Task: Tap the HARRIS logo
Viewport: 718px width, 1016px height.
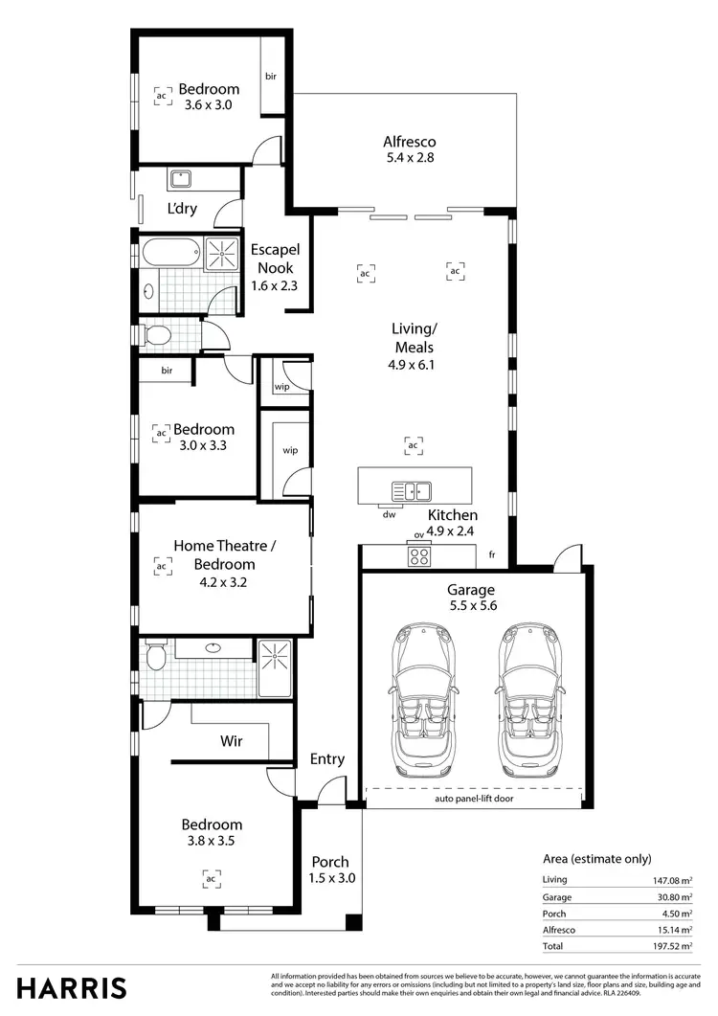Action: point(71,988)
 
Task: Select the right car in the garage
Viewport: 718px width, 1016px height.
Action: point(524,700)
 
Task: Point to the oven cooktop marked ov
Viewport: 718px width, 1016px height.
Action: point(419,554)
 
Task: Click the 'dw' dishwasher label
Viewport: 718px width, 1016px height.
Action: point(389,514)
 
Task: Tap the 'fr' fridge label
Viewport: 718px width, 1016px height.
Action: point(492,554)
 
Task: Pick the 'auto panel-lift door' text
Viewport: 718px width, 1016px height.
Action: point(474,797)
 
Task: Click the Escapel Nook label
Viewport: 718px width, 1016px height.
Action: point(273,259)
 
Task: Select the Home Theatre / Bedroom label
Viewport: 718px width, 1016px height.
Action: point(224,554)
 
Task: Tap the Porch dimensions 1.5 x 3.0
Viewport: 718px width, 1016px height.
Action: point(331,877)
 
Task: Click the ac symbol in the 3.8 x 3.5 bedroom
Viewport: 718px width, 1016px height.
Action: point(212,876)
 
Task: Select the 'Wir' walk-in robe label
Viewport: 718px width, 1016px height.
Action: point(231,739)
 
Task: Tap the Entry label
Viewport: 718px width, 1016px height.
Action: point(327,759)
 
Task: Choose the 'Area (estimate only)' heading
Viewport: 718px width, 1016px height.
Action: point(596,859)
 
